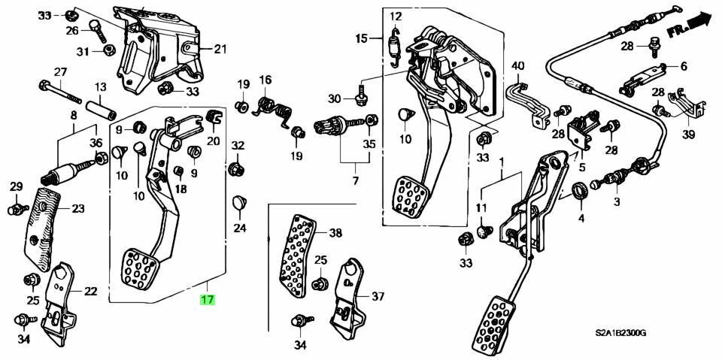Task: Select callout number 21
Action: (x=219, y=50)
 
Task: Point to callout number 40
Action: (x=517, y=67)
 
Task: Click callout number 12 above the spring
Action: (x=396, y=16)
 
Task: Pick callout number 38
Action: (x=335, y=233)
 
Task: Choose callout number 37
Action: (x=378, y=296)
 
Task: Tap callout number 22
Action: (x=90, y=292)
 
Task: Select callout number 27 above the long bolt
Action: (x=60, y=72)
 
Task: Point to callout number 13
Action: (x=102, y=87)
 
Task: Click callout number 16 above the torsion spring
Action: (x=265, y=80)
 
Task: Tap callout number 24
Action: (x=239, y=228)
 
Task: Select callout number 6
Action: (x=684, y=66)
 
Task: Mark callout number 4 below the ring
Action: (x=581, y=219)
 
